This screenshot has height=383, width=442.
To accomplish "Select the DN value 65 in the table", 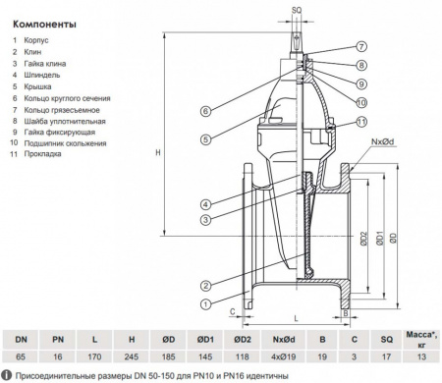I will pyautogui.click(x=21, y=359).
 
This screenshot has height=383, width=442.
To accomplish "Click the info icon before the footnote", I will pyautogui.click(x=9, y=376).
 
